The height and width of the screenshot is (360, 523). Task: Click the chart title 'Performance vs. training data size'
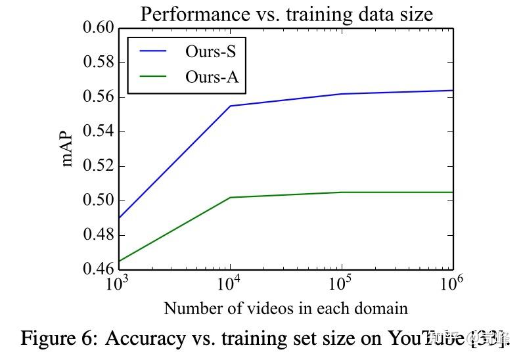[x=286, y=13]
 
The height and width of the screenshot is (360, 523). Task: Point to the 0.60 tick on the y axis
[x=97, y=28]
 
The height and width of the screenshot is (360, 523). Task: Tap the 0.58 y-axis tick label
[x=97, y=62]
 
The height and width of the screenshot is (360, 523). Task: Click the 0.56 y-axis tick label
[x=97, y=97]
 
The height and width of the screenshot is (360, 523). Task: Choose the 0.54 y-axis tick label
[x=97, y=131]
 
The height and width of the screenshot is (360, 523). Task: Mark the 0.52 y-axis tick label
[x=97, y=166]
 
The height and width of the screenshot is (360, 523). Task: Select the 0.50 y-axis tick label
[x=97, y=200]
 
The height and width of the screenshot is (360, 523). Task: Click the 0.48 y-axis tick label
[x=97, y=235]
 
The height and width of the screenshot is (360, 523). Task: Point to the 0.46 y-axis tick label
[x=97, y=269]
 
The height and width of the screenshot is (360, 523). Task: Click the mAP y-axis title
[x=68, y=149]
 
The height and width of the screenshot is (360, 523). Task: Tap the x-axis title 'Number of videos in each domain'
[x=286, y=308]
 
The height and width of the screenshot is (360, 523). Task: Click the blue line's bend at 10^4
[x=230, y=106]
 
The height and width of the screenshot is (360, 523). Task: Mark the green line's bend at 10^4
[x=230, y=197]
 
